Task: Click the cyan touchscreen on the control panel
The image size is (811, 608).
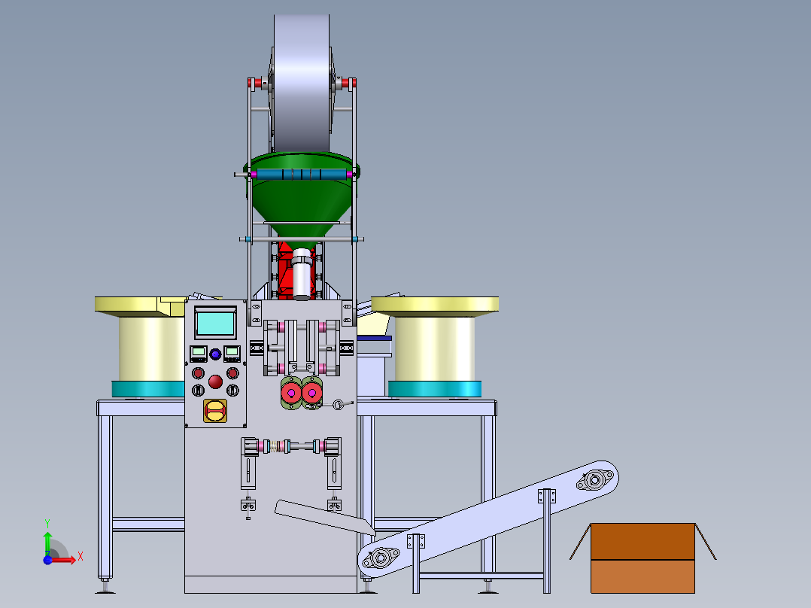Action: coord(215,324)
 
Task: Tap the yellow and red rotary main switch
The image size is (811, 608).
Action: coord(214,411)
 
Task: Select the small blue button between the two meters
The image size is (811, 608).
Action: coord(215,354)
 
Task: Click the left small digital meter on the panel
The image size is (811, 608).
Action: coord(198,354)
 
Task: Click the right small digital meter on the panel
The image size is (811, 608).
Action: coord(232,354)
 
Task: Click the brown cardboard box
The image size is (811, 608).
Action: coord(643,558)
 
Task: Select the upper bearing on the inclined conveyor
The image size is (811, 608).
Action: coord(595,480)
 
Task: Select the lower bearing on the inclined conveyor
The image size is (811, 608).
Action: coord(381,558)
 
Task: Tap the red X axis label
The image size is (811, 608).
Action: coord(80,557)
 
